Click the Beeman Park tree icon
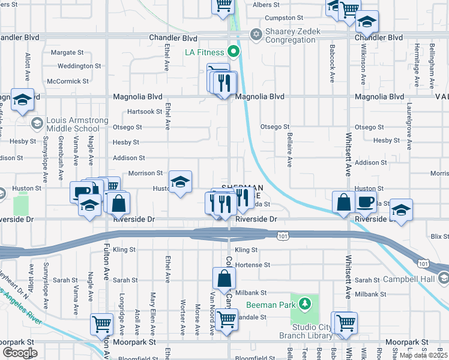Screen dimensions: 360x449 (x=306, y=305)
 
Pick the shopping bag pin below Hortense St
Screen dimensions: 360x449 (x=223, y=279)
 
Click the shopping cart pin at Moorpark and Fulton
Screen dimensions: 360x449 (x=102, y=325)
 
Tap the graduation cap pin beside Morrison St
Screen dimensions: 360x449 (x=180, y=184)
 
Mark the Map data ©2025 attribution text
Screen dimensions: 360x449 (x=423, y=355)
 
